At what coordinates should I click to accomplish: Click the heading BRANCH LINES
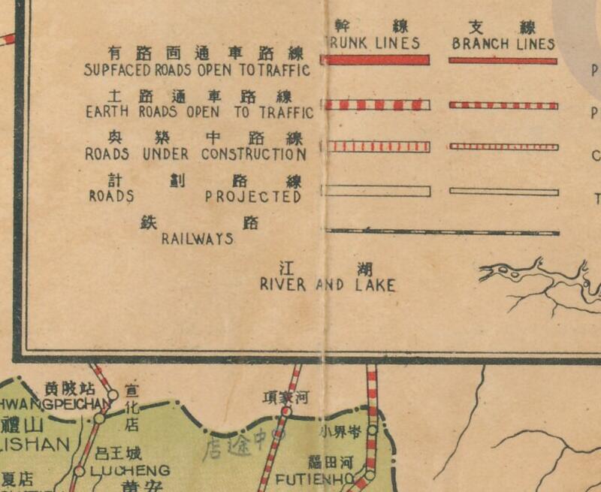(x=503, y=44)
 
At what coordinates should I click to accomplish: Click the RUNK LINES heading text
(x=374, y=44)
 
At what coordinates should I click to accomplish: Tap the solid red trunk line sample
(x=375, y=60)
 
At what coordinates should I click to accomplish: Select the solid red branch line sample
(x=503, y=61)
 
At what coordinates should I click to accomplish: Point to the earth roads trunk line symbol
(x=375, y=104)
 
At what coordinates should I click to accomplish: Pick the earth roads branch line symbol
(x=503, y=105)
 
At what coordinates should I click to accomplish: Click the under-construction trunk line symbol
(x=375, y=146)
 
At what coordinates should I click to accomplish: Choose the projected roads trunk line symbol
(x=375, y=191)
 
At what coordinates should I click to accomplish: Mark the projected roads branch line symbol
(x=503, y=192)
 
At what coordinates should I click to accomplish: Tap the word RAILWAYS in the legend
(x=198, y=240)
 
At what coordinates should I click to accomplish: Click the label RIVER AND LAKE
(x=328, y=285)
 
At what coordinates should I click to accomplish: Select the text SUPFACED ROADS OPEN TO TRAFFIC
(x=198, y=71)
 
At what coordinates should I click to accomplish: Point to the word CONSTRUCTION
(x=253, y=155)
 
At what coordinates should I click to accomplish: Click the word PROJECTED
(x=253, y=197)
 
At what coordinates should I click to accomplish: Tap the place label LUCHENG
(x=130, y=471)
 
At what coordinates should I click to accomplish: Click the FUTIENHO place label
(x=314, y=478)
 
